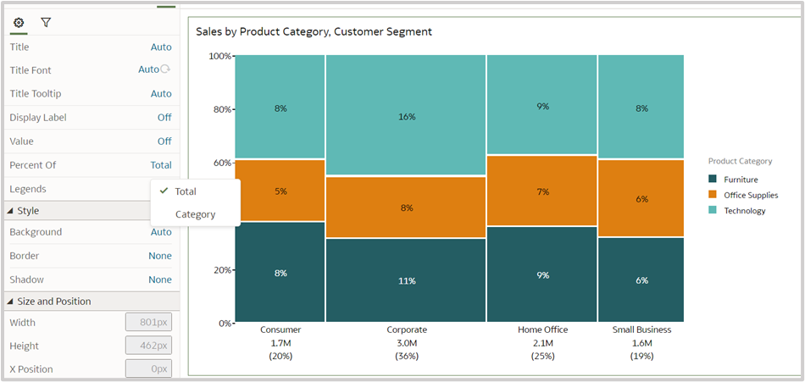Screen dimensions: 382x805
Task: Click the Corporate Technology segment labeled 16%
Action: pyautogui.click(x=406, y=116)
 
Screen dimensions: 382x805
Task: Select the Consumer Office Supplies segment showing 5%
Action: pyautogui.click(x=280, y=191)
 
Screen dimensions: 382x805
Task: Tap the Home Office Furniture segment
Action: pyautogui.click(x=542, y=274)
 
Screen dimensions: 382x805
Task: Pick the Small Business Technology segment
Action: pyautogui.click(x=641, y=108)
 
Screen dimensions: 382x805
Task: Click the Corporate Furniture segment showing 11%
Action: pyautogui.click(x=406, y=280)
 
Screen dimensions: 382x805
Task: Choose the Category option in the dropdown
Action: pyautogui.click(x=195, y=214)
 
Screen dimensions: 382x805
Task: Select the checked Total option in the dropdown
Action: pyautogui.click(x=186, y=191)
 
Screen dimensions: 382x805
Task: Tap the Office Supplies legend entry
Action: pyautogui.click(x=750, y=195)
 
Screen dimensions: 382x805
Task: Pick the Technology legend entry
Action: pyautogui.click(x=744, y=211)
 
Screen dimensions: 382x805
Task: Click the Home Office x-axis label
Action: pyautogui.click(x=542, y=329)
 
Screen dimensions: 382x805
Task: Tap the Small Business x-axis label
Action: pyautogui.click(x=641, y=329)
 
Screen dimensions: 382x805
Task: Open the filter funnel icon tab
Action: pyautogui.click(x=46, y=22)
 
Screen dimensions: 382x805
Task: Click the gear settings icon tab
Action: pyautogui.click(x=19, y=22)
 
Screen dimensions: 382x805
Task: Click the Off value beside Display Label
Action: pyautogui.click(x=164, y=118)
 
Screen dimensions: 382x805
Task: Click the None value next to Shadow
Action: pyautogui.click(x=160, y=280)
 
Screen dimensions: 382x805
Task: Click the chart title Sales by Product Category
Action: pyautogui.click(x=314, y=32)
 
